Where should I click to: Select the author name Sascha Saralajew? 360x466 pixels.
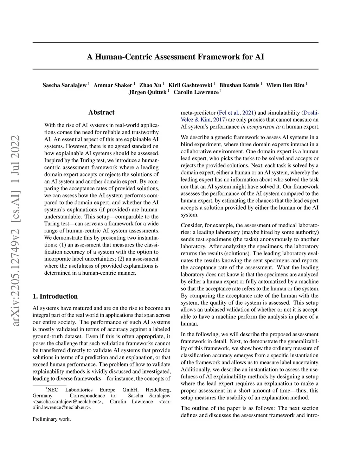click(x=65, y=85)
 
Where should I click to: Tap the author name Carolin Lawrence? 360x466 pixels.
click(x=196, y=92)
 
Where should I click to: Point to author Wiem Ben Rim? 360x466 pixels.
click(x=285, y=85)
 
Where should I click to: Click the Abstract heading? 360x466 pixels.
click(x=101, y=113)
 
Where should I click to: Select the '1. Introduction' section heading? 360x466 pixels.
click(x=55, y=296)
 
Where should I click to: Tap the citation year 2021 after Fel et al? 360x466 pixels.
click(x=249, y=113)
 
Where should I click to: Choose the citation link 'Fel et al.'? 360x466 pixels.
click(x=230, y=113)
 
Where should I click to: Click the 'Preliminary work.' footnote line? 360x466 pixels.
click(x=52, y=419)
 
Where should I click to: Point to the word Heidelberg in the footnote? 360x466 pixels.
click(x=159, y=390)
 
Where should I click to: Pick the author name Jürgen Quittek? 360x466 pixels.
click(x=147, y=92)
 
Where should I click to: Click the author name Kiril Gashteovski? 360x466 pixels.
click(x=190, y=85)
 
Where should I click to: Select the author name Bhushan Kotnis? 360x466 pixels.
click(x=239, y=85)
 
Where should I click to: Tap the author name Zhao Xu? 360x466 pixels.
click(x=150, y=85)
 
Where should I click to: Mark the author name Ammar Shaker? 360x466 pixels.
click(x=113, y=85)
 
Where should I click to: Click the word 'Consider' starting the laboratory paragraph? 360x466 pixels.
click(x=192, y=225)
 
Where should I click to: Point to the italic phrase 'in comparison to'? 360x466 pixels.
click(x=261, y=127)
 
